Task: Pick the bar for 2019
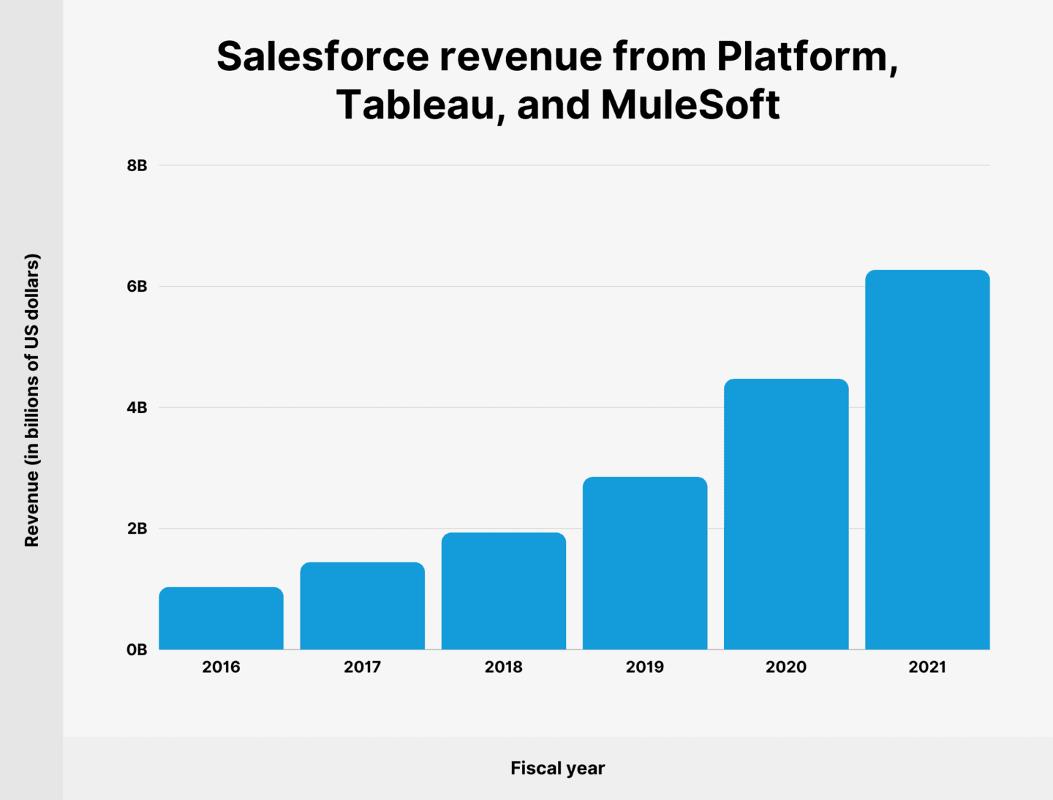coord(644,563)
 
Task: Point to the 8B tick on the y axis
coord(137,165)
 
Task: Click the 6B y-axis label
coord(137,287)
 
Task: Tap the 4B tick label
coord(137,407)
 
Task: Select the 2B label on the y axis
coord(137,529)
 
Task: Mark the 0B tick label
coord(137,649)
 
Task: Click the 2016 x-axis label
coord(221,667)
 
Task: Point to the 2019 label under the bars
coord(644,667)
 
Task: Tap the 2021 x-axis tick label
coord(927,667)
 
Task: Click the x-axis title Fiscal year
coord(557,768)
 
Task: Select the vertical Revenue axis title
coord(31,400)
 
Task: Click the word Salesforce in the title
coord(322,56)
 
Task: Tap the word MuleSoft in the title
coord(690,105)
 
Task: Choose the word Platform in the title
coord(807,56)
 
